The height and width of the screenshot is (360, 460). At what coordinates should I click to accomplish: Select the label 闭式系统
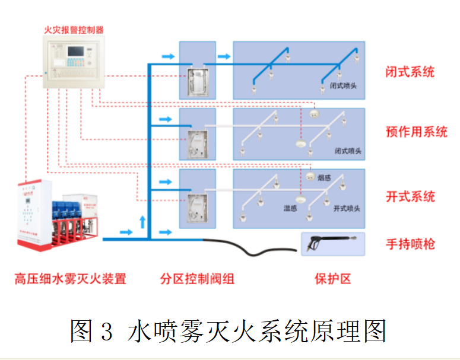pos(410,72)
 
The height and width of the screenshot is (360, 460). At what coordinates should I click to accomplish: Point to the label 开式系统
pos(410,196)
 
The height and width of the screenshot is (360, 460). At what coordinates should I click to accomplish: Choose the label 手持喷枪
pos(410,243)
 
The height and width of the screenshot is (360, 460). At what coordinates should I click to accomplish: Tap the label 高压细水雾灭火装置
pos(70,279)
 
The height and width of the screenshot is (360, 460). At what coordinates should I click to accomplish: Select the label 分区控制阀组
pos(197,279)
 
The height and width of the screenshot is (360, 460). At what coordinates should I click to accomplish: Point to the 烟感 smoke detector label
pos(323,177)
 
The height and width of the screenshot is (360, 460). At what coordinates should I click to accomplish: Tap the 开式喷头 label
pos(347,208)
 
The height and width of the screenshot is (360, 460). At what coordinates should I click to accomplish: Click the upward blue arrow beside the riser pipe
pos(142,223)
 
